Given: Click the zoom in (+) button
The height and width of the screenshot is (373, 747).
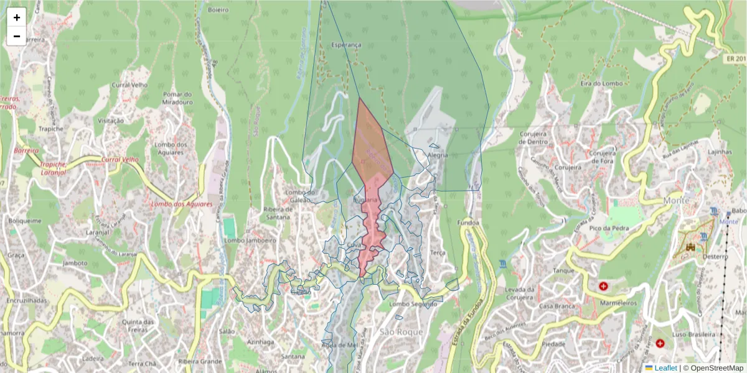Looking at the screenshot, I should (17, 17).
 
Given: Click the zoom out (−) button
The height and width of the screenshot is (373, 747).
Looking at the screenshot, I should (17, 36).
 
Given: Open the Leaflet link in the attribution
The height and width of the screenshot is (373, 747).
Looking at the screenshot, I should (665, 368).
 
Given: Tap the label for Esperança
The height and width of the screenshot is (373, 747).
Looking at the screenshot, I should (345, 45).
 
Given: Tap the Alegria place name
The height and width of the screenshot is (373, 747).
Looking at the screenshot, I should (438, 155).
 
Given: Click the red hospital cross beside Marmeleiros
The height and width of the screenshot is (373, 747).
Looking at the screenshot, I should (603, 286).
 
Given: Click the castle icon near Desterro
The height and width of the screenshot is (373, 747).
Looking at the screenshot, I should (690, 248).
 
